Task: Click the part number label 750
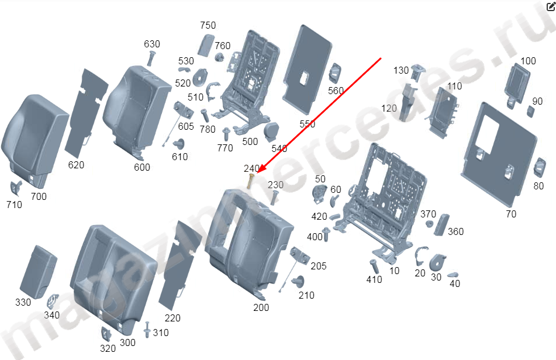pyautogui.click(x=208, y=26)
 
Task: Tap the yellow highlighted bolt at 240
pyautogui.click(x=250, y=181)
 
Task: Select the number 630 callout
pyautogui.click(x=152, y=44)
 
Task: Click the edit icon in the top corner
pyautogui.click(x=551, y=6)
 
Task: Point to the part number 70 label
pyautogui.click(x=511, y=214)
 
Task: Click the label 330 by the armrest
pyautogui.click(x=23, y=302)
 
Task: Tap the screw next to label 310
pyautogui.click(x=147, y=330)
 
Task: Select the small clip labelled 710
pyautogui.click(x=16, y=188)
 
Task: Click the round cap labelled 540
pyautogui.click(x=272, y=132)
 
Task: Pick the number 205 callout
pyautogui.click(x=319, y=266)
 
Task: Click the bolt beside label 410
pyautogui.click(x=374, y=266)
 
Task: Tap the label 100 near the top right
pyautogui.click(x=528, y=61)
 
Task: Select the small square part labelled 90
pyautogui.click(x=530, y=112)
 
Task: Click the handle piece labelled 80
pyautogui.click(x=540, y=168)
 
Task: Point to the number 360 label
pyautogui.click(x=455, y=232)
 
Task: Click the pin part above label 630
pyautogui.click(x=151, y=58)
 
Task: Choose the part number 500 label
pyautogui.click(x=250, y=142)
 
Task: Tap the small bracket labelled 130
pyautogui.click(x=417, y=71)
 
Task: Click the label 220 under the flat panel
pyautogui.click(x=172, y=318)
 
